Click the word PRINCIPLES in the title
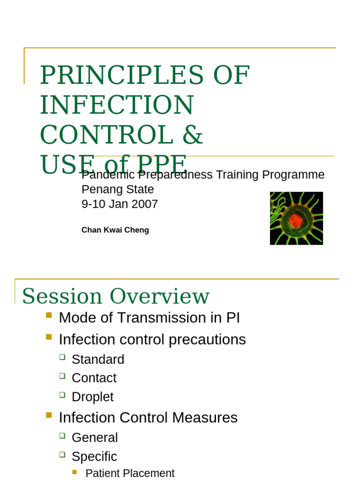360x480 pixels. pos(121,75)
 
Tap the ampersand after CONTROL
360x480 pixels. pos(192,135)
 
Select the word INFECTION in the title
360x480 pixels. pos(117,105)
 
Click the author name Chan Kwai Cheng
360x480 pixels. pos(115,230)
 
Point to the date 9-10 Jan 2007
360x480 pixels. pos(120,204)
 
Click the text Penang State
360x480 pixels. pos(117,189)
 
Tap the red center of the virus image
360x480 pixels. pos(295,220)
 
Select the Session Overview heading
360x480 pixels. pos(115,296)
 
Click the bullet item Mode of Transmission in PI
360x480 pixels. pos(149,318)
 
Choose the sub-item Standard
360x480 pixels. pos(97,360)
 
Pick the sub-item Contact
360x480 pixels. pos(94,378)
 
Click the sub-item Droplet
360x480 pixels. pos(92,397)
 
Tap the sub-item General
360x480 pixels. pos(94,438)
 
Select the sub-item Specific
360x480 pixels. pos(94,457)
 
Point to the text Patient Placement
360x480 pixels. pos(130,473)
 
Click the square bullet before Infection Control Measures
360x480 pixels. pos(49,415)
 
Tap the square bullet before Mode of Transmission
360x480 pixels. pos(49,315)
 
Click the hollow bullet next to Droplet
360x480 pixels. pos(62,395)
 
